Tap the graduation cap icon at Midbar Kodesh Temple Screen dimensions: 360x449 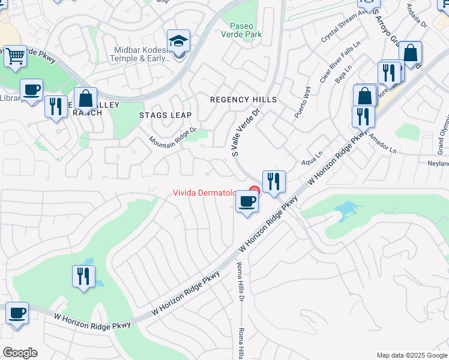pos(178,41)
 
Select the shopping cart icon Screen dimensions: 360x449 pos(15,56)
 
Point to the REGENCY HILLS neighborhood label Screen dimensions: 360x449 pos(243,100)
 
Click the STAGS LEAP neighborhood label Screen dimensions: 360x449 pos(165,115)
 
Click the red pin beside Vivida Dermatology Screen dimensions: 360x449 pos(254,192)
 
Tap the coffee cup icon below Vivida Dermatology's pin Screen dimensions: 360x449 pos(247,201)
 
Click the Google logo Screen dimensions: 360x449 pos(20,353)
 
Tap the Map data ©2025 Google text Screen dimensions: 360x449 pos(411,355)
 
